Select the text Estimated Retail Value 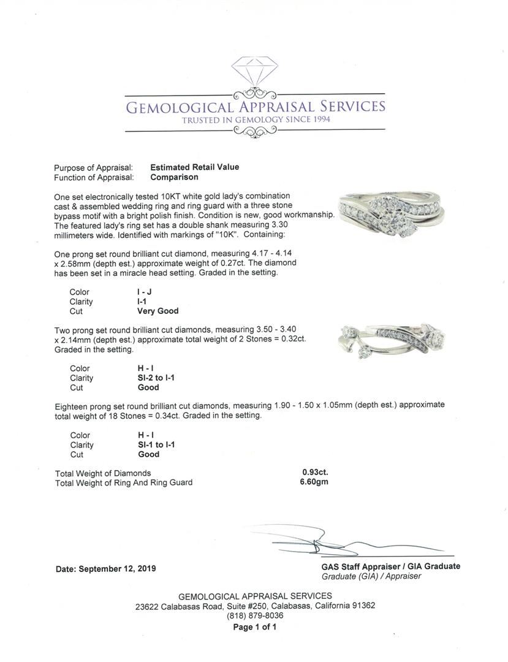click(x=195, y=167)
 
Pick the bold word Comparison click(x=174, y=177)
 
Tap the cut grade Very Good click(x=158, y=311)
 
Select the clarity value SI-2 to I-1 click(x=156, y=378)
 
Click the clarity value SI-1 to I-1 click(x=156, y=445)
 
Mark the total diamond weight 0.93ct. click(x=310, y=473)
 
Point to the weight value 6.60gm click(x=314, y=482)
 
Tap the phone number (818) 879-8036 click(x=255, y=615)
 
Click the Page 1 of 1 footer click(x=255, y=627)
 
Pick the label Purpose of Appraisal click(x=93, y=167)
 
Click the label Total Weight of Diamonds click(x=103, y=473)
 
